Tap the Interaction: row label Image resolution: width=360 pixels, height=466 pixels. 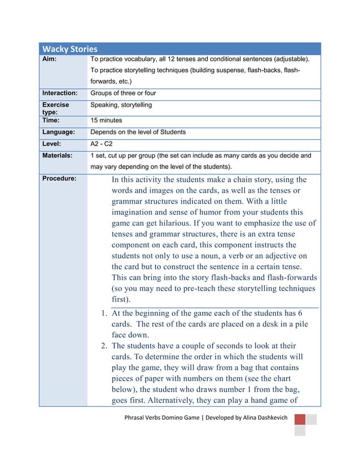[60, 93]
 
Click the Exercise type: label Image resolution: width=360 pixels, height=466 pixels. [56, 108]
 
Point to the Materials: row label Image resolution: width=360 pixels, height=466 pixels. [58, 155]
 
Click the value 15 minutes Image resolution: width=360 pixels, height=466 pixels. [106, 120]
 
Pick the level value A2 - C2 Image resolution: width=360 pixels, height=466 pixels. [102, 144]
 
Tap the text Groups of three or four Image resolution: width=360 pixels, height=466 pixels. [123, 93]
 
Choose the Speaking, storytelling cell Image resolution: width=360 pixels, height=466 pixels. [121, 105]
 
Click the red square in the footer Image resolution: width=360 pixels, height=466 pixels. [300, 419]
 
